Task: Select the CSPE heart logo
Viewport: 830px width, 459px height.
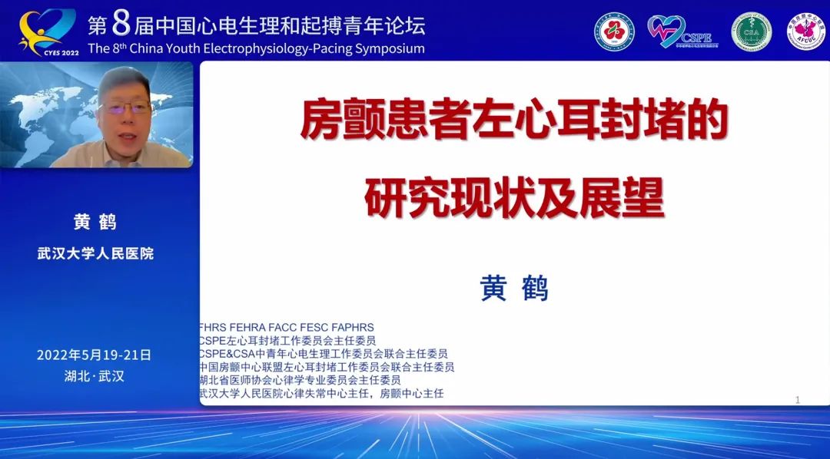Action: click(679, 31)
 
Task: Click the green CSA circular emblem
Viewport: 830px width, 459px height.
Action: click(751, 32)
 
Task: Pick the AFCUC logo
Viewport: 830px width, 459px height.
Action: click(805, 32)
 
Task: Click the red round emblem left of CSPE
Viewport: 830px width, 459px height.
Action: click(614, 32)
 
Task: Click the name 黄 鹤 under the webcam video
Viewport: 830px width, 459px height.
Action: click(95, 222)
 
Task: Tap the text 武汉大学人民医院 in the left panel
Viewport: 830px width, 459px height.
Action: click(95, 253)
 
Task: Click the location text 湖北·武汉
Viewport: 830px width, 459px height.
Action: click(95, 376)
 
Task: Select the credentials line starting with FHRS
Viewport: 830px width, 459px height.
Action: click(286, 328)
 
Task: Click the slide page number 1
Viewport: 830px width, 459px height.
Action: click(798, 400)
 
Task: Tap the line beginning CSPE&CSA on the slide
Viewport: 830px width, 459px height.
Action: click(323, 354)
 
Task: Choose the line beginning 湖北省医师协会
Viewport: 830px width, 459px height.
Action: click(300, 380)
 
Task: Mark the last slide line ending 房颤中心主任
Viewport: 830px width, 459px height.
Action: click(321, 393)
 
